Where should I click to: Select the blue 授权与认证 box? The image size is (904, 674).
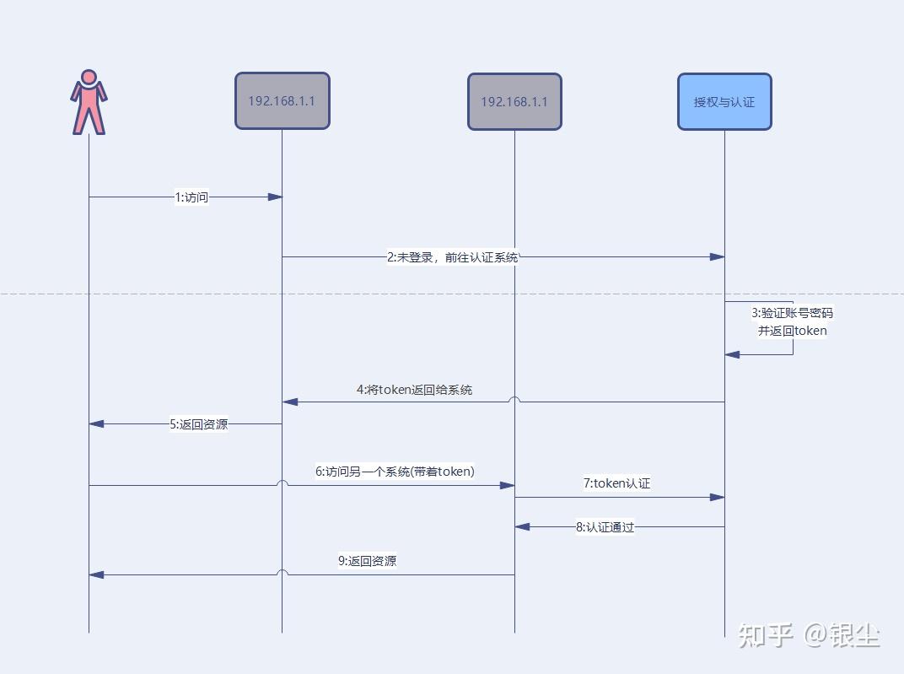tap(724, 102)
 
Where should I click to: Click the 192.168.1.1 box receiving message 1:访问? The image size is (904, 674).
tap(282, 101)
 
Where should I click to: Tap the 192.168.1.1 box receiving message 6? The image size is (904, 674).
tap(514, 102)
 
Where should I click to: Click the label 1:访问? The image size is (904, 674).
tap(191, 197)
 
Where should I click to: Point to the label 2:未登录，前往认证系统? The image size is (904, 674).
tap(453, 257)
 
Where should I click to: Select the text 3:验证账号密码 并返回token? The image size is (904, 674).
tap(792, 321)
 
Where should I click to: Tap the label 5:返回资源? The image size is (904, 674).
tap(198, 424)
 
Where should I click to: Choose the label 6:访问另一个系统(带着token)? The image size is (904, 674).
tap(395, 472)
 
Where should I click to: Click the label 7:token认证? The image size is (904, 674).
tap(616, 483)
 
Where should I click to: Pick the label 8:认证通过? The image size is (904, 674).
tap(605, 527)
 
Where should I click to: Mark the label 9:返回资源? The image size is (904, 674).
tap(367, 560)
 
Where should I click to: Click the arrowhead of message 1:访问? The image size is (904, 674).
tap(275, 197)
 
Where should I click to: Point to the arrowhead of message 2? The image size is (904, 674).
tap(718, 256)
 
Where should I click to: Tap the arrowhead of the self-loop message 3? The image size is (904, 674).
tap(732, 355)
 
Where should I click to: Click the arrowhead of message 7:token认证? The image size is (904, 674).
tap(718, 498)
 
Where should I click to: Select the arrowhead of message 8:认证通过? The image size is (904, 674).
tap(522, 526)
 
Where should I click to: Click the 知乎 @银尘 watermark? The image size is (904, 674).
tap(808, 634)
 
